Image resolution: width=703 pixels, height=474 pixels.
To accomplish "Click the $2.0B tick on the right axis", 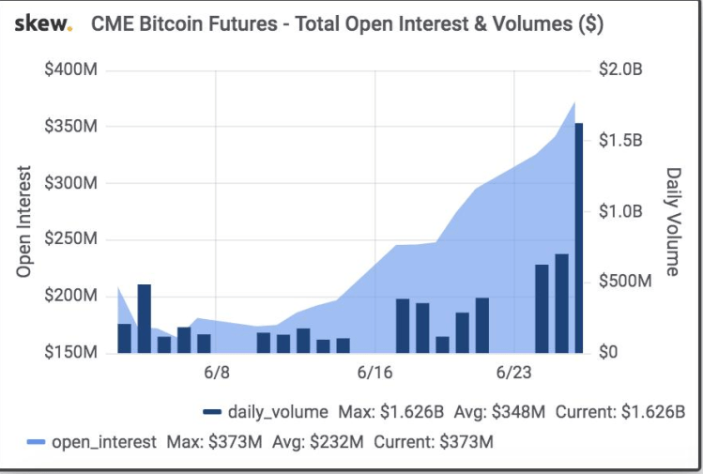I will click(x=619, y=71).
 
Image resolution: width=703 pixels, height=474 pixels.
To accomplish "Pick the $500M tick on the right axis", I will click(x=623, y=282).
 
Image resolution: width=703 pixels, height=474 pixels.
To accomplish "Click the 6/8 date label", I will click(x=216, y=373).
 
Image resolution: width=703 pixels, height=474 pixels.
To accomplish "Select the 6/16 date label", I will click(x=374, y=373).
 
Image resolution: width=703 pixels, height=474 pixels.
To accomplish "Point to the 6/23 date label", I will click(x=512, y=373).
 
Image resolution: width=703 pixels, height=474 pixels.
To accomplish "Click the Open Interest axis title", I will click(x=25, y=222).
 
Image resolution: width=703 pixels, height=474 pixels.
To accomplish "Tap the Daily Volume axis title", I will click(x=673, y=222).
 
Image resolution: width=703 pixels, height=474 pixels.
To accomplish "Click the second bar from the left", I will click(x=144, y=317).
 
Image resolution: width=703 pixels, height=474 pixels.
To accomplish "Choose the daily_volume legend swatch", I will click(x=212, y=412).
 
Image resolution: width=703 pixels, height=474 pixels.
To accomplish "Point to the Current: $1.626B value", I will click(x=620, y=412).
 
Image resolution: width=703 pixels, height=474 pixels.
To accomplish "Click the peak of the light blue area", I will click(x=574, y=102).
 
